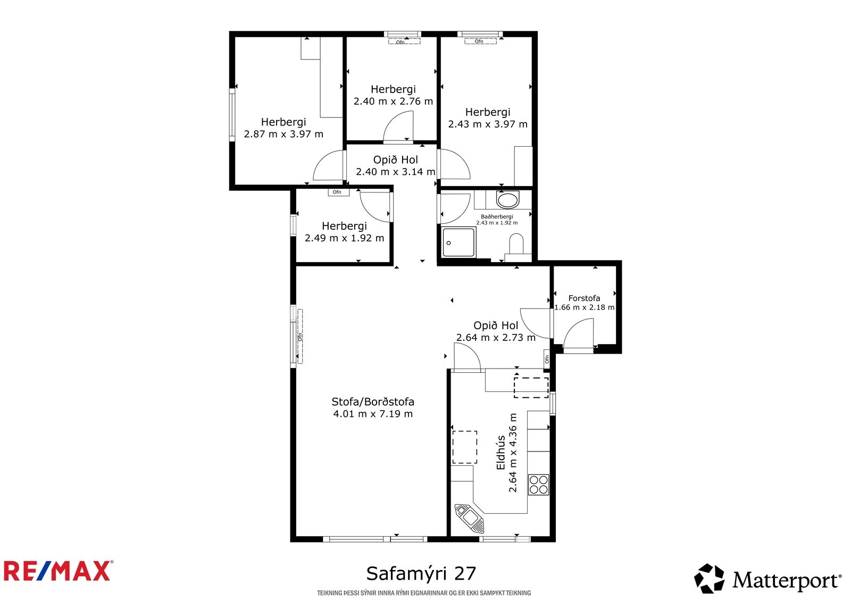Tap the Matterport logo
(x=767, y=579)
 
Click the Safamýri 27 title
(x=421, y=573)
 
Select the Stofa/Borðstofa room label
(x=373, y=402)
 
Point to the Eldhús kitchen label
(x=501, y=453)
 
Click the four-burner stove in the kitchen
(x=538, y=485)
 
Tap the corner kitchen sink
(x=470, y=519)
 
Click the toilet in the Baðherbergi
(x=516, y=245)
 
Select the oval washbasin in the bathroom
(x=507, y=200)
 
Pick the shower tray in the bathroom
(x=458, y=243)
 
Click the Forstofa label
(x=584, y=298)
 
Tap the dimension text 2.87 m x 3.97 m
(x=283, y=134)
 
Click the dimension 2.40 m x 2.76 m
(x=393, y=102)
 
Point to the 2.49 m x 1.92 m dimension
(x=344, y=238)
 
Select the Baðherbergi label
(x=497, y=216)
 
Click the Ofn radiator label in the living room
(x=300, y=337)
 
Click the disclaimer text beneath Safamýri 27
(x=424, y=593)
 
